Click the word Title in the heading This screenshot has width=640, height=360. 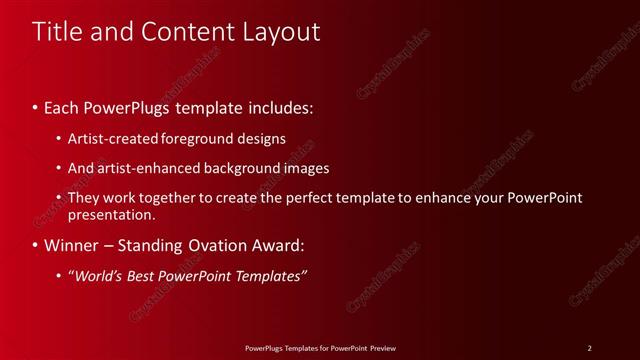[58, 32]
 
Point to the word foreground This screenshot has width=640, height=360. [209, 138]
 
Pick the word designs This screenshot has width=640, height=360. [263, 138]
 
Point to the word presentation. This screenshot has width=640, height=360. [111, 214]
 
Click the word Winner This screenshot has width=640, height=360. [71, 245]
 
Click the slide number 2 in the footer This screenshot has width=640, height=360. [589, 347]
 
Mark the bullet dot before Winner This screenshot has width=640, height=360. [35, 245]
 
